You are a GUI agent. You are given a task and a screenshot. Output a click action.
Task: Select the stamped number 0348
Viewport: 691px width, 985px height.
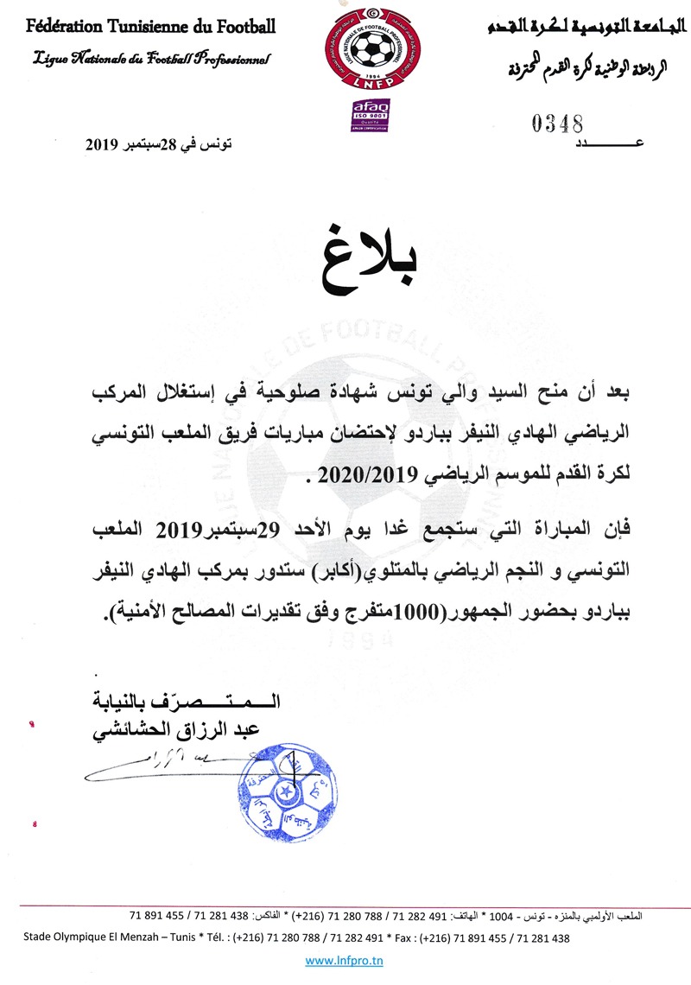click(x=558, y=124)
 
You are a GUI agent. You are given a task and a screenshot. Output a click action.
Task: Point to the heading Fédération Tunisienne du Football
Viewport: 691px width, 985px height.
click(x=150, y=26)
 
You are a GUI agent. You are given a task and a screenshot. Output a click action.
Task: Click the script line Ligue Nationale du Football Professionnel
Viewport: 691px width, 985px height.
click(x=151, y=59)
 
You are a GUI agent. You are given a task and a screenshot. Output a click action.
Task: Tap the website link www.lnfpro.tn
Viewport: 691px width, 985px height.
click(x=345, y=960)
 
